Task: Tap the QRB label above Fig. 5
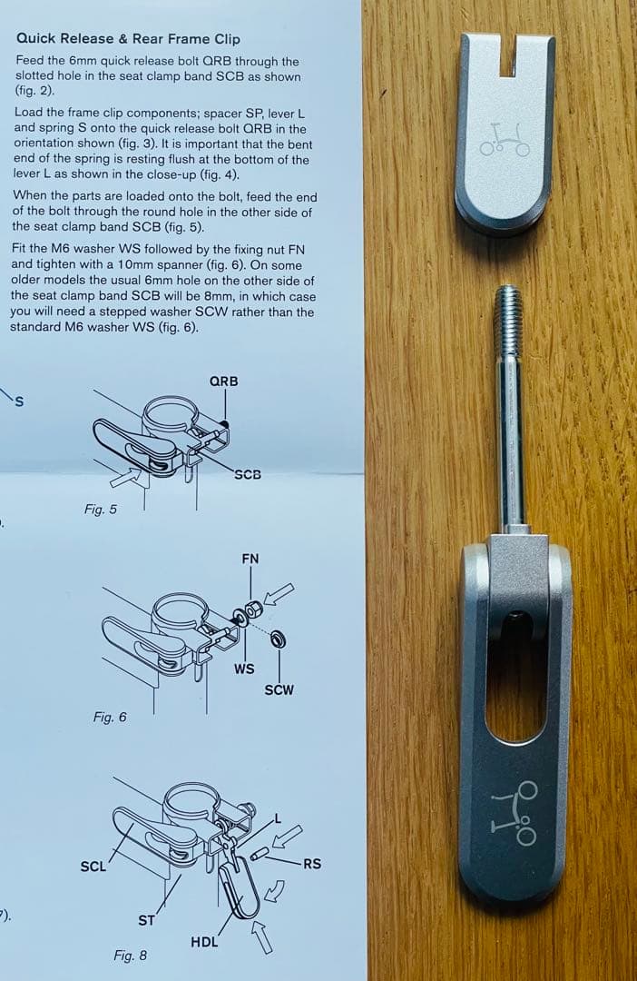click(x=223, y=381)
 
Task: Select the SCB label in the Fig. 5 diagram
click(x=247, y=474)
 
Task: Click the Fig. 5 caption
click(x=100, y=510)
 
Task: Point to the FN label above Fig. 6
click(x=250, y=559)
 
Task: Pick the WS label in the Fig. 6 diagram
click(x=243, y=669)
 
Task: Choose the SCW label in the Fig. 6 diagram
click(x=279, y=689)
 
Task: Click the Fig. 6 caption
click(x=110, y=718)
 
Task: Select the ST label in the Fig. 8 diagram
click(x=145, y=920)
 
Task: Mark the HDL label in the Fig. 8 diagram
click(x=204, y=941)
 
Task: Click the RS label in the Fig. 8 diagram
click(x=311, y=864)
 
